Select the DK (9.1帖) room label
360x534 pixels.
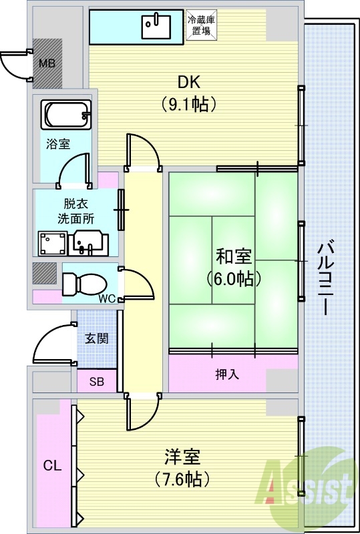point(190,93)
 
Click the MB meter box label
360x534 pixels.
point(47,64)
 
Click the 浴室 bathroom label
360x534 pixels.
point(58,144)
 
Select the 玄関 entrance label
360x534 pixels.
point(96,338)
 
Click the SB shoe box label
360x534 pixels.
point(96,382)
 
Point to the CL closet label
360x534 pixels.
point(52,465)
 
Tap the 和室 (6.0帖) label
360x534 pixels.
point(233,266)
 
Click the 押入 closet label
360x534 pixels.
point(228,374)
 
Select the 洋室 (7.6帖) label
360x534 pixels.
point(182,467)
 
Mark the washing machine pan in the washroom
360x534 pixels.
point(52,244)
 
